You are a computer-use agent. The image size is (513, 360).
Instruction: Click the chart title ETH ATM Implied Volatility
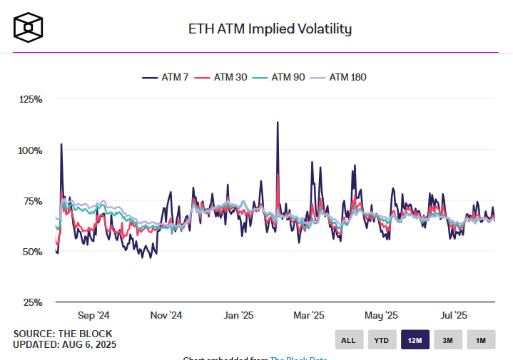[270, 29]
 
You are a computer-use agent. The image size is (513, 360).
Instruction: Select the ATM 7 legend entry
[166, 77]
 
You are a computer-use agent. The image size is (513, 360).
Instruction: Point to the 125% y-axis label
[31, 100]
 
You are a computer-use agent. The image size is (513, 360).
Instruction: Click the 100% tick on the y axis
[31, 150]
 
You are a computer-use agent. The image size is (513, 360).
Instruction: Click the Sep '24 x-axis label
[93, 315]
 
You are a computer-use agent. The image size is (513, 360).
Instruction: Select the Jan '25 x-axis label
[238, 315]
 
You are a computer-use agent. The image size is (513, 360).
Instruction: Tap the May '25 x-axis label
[382, 315]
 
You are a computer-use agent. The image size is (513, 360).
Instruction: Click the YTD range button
[382, 340]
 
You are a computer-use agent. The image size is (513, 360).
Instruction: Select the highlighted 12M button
[415, 340]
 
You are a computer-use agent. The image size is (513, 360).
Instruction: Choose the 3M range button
[448, 340]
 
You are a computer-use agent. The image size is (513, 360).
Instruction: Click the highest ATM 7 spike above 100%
[277, 123]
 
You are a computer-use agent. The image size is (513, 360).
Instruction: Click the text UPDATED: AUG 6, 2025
[64, 344]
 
